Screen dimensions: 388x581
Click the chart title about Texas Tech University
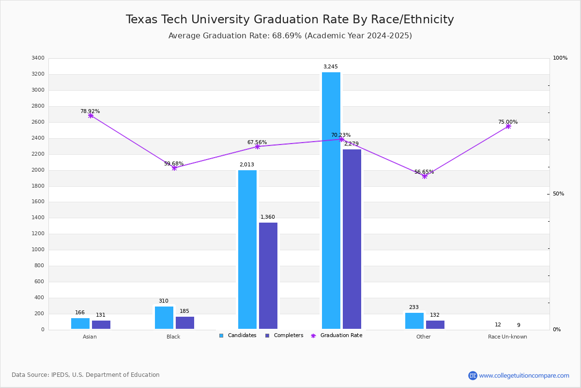tap(290, 20)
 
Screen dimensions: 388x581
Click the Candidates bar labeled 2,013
tap(247, 249)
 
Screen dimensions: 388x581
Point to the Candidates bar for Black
tap(164, 318)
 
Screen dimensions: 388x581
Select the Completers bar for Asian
tap(101, 324)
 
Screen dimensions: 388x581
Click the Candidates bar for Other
tap(414, 321)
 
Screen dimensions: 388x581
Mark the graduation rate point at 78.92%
tap(91, 116)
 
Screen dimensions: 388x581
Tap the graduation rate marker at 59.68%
tap(174, 168)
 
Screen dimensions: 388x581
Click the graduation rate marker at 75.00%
tap(508, 127)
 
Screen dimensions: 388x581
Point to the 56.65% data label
tap(424, 172)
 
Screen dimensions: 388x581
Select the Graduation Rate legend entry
tap(341, 336)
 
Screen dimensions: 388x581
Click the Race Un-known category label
tap(507, 337)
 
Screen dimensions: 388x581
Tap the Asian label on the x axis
tap(90, 337)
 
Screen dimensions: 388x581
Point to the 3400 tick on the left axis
tap(38, 58)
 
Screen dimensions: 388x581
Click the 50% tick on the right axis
tap(559, 194)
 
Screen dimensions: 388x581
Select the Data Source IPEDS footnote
tap(86, 375)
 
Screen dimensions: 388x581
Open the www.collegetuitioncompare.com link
tap(524, 375)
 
